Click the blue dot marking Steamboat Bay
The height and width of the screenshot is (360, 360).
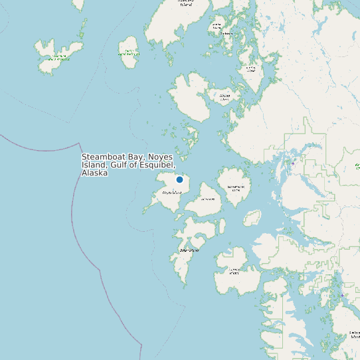[179, 179]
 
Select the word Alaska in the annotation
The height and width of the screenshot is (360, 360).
[94, 173]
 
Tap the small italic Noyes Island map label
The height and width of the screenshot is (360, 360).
[171, 193]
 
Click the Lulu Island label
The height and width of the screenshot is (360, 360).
[207, 199]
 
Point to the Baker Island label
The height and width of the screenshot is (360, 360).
[189, 250]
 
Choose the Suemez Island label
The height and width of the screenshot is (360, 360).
[234, 270]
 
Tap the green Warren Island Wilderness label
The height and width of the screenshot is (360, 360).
[129, 53]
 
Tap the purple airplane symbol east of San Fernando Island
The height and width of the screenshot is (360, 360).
[293, 163]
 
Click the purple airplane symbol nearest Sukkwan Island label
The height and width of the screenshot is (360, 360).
[342, 295]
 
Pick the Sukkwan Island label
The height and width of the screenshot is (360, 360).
[354, 334]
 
